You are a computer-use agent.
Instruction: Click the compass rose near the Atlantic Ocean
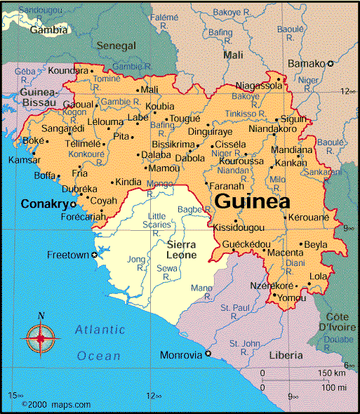tap(40, 338)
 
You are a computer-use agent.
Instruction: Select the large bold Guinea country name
tap(252, 201)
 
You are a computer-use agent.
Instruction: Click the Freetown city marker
tap(95, 255)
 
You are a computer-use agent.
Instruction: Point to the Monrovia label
tap(181, 355)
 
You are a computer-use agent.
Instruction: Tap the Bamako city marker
tap(331, 63)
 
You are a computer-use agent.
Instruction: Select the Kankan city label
tap(291, 163)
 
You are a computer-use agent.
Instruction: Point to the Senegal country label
tap(116, 46)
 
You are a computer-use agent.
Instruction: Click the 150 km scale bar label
tap(331, 373)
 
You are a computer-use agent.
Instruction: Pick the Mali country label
tap(232, 54)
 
